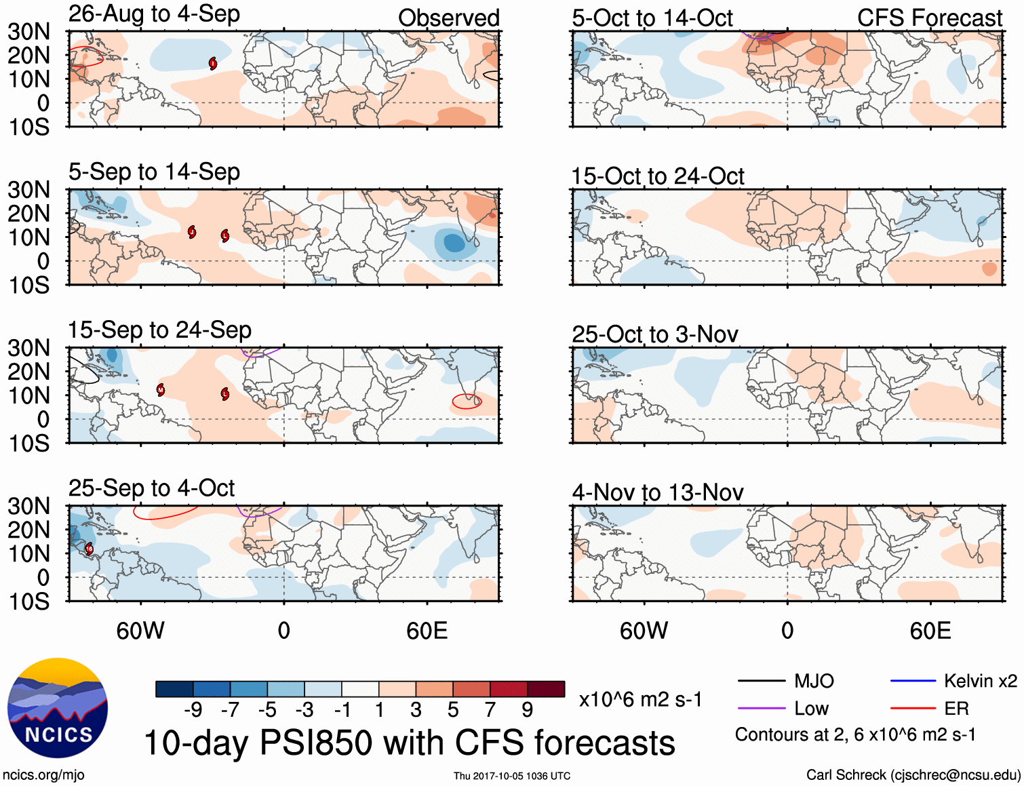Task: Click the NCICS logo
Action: pyautogui.click(x=58, y=708)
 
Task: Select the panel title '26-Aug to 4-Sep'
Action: pyautogui.click(x=154, y=14)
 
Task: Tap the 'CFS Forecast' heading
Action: pyautogui.click(x=929, y=18)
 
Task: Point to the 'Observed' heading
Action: pyautogui.click(x=448, y=18)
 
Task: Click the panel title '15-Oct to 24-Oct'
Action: pyautogui.click(x=657, y=176)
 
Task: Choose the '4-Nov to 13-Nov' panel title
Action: pyautogui.click(x=657, y=492)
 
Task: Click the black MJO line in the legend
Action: pyautogui.click(x=761, y=681)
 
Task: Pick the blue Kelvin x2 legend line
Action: pyautogui.click(x=913, y=681)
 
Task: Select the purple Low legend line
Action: pyautogui.click(x=761, y=709)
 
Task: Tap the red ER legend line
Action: pyautogui.click(x=913, y=709)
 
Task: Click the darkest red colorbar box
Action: pyautogui.click(x=546, y=689)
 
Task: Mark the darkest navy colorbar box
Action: pyautogui.click(x=174, y=689)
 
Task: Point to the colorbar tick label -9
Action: pyautogui.click(x=193, y=710)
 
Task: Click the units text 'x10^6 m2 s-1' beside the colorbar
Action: pyautogui.click(x=640, y=700)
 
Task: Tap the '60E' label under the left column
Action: pyautogui.click(x=427, y=631)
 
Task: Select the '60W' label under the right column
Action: pyautogui.click(x=644, y=631)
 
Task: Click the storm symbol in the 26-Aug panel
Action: pyautogui.click(x=213, y=64)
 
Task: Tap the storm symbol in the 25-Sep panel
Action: pyautogui.click(x=90, y=549)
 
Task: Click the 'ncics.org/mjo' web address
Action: pyautogui.click(x=43, y=775)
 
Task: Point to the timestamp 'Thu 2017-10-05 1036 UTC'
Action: pyautogui.click(x=512, y=776)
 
